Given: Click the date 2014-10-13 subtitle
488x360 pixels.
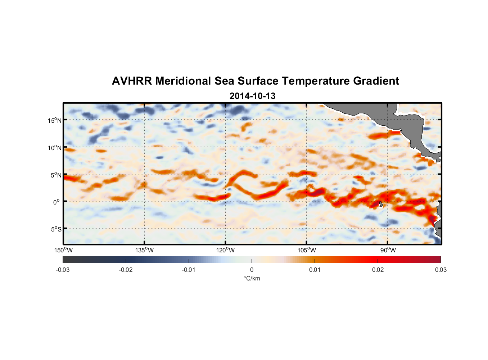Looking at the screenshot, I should coord(252,96).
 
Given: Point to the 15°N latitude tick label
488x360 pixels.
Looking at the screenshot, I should coord(54,120).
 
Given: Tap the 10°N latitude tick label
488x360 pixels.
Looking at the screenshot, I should coord(54,148).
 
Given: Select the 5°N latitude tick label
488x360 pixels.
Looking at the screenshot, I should coord(55,175).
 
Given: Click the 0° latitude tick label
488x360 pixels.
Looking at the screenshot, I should coord(56,202).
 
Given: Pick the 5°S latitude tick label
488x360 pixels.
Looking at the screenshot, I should coord(55,229).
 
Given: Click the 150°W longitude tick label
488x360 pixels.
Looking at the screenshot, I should coord(63,250).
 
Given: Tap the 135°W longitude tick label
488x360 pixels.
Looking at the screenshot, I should coord(144,250).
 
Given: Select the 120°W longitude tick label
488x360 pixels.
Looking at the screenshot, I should coord(225,250).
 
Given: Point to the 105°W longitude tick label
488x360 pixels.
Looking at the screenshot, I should coord(307,250).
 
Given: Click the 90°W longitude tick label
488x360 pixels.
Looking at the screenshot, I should coord(388,250).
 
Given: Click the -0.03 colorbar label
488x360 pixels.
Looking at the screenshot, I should coord(63,270).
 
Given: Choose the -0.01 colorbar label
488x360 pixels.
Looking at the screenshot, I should coord(189,270).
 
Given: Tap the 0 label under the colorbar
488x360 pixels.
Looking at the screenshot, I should coord(252,270).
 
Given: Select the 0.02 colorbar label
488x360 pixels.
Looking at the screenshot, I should coord(378,270).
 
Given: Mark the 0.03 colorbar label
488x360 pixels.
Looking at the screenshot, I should coord(440,270).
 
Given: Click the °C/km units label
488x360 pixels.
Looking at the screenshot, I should coord(252,278).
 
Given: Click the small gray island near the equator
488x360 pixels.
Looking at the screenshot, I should coord(381,204).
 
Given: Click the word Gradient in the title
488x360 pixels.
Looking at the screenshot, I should coord(376,81).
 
